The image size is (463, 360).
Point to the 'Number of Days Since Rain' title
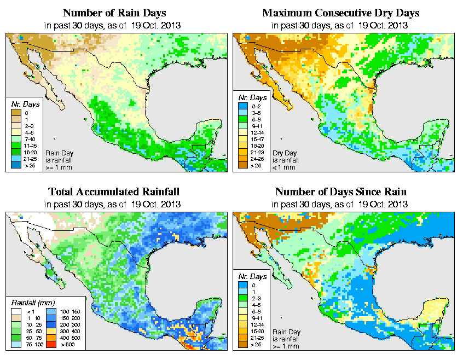tap(341, 192)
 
